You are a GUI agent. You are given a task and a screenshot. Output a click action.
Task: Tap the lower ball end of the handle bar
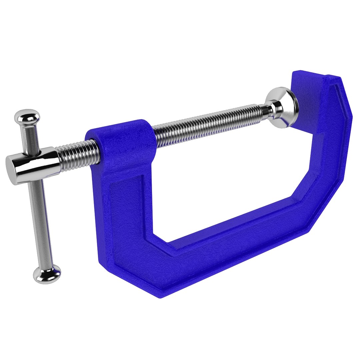pos(47,274)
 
